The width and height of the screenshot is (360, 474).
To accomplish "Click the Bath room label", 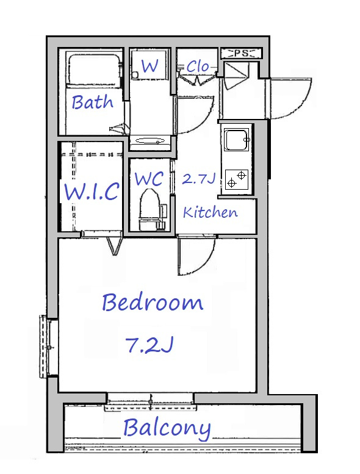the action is (x=93, y=102).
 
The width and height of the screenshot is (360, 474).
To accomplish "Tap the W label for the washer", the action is (x=149, y=66).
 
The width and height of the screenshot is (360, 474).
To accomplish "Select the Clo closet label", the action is (x=198, y=66).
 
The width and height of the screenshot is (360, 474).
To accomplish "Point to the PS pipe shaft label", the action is (x=241, y=54).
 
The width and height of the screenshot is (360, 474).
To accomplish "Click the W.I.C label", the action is (x=92, y=191).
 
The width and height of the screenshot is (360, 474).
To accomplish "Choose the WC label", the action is (x=149, y=179).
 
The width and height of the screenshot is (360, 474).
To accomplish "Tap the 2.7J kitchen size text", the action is (x=198, y=179).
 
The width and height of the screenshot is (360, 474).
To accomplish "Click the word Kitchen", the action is (x=211, y=212).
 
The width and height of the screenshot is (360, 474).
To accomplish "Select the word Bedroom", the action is (x=153, y=303).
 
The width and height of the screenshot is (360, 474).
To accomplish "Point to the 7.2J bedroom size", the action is (x=149, y=344).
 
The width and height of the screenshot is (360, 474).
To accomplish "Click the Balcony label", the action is (x=167, y=428).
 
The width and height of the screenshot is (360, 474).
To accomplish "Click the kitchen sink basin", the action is (x=236, y=140).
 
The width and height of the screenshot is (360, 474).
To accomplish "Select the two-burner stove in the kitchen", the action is (x=236, y=179).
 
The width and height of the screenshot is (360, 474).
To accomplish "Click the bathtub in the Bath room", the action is (x=93, y=70).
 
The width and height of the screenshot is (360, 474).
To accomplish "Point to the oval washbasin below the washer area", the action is (x=150, y=141).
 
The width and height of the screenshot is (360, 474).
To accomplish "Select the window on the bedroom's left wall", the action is (x=45, y=346).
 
